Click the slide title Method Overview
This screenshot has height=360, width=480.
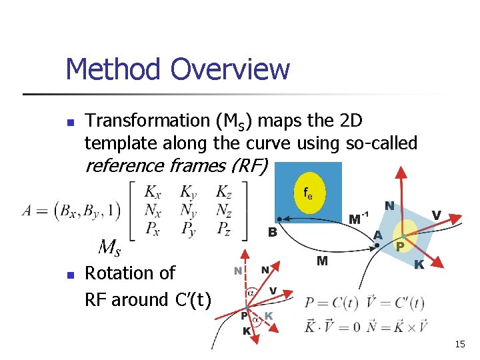point(177,69)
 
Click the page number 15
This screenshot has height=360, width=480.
point(459,344)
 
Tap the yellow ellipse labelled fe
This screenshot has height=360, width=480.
point(308,194)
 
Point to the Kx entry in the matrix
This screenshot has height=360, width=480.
point(153,192)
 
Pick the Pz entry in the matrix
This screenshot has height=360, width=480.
point(224,231)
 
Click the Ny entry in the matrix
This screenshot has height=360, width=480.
point(189,211)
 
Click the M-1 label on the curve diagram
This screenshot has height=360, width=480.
point(359,218)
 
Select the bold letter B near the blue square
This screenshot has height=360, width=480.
point(272,233)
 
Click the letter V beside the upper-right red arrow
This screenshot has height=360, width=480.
point(436,215)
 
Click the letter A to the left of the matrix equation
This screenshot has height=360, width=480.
point(27,211)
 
